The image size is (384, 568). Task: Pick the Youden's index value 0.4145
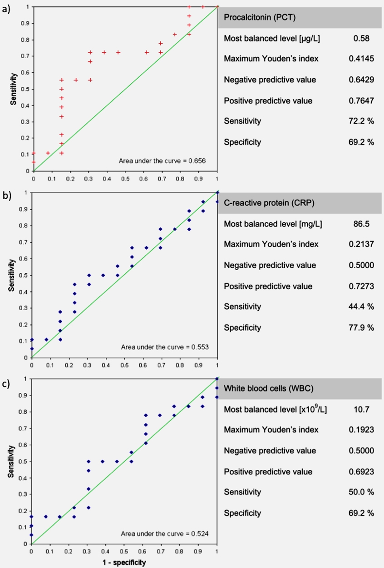361,59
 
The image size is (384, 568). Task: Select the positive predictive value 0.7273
361,287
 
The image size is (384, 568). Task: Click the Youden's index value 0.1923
361,430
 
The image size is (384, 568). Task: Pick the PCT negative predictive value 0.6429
361,80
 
